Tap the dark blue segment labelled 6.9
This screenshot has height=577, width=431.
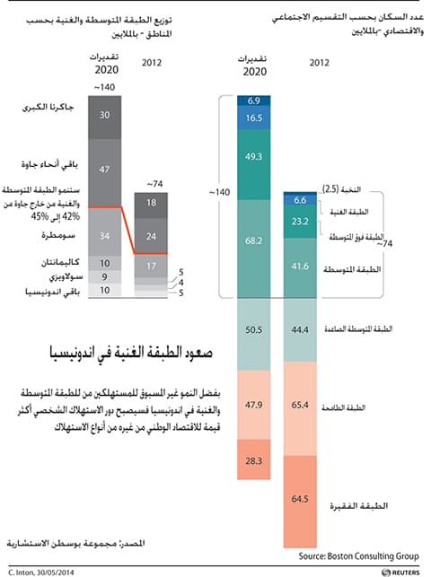click(x=253, y=100)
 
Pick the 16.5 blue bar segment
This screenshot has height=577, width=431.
click(x=253, y=118)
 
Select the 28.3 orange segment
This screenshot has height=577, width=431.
click(x=253, y=460)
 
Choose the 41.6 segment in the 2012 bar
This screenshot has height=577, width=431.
click(x=300, y=267)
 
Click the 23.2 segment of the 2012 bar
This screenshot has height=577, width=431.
click(x=300, y=221)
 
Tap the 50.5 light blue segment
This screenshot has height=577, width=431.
click(x=253, y=330)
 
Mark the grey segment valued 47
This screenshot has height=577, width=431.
click(x=105, y=169)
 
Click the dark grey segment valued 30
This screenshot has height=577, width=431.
click(x=105, y=115)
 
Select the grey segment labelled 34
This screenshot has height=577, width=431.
click(x=105, y=236)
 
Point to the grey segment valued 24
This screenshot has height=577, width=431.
click(x=150, y=237)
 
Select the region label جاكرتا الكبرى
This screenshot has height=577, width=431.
click(x=46, y=109)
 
